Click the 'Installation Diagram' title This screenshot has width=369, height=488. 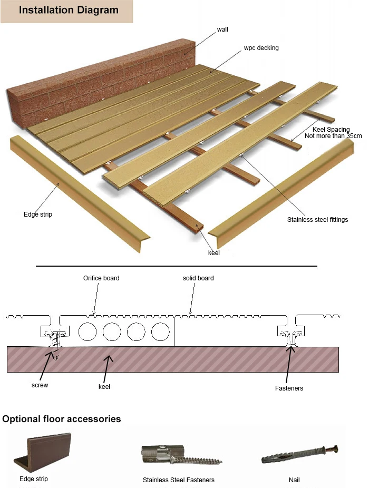point(69,10)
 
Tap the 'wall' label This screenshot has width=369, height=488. point(223,30)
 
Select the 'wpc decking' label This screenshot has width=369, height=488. point(261,48)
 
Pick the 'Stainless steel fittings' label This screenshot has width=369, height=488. point(317,219)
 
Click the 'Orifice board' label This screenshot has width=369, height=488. point(101,278)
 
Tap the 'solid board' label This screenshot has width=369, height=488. point(198,278)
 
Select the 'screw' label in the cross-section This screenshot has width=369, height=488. point(40,385)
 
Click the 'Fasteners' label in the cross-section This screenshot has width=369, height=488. point(289,388)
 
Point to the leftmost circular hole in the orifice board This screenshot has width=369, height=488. point(87,332)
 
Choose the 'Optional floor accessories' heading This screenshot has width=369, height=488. point(62,419)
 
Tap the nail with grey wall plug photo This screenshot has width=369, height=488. point(299,454)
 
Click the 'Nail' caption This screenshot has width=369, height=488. point(294,480)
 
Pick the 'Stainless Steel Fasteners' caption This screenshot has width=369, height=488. point(179,480)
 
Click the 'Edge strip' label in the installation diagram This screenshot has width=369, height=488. point(38,214)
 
